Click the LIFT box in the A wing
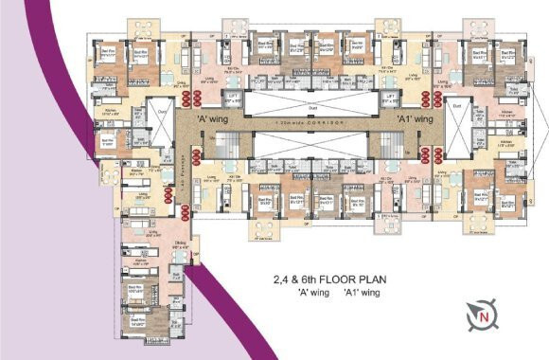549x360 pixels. tap(232, 99)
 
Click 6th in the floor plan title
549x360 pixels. tap(300, 279)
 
